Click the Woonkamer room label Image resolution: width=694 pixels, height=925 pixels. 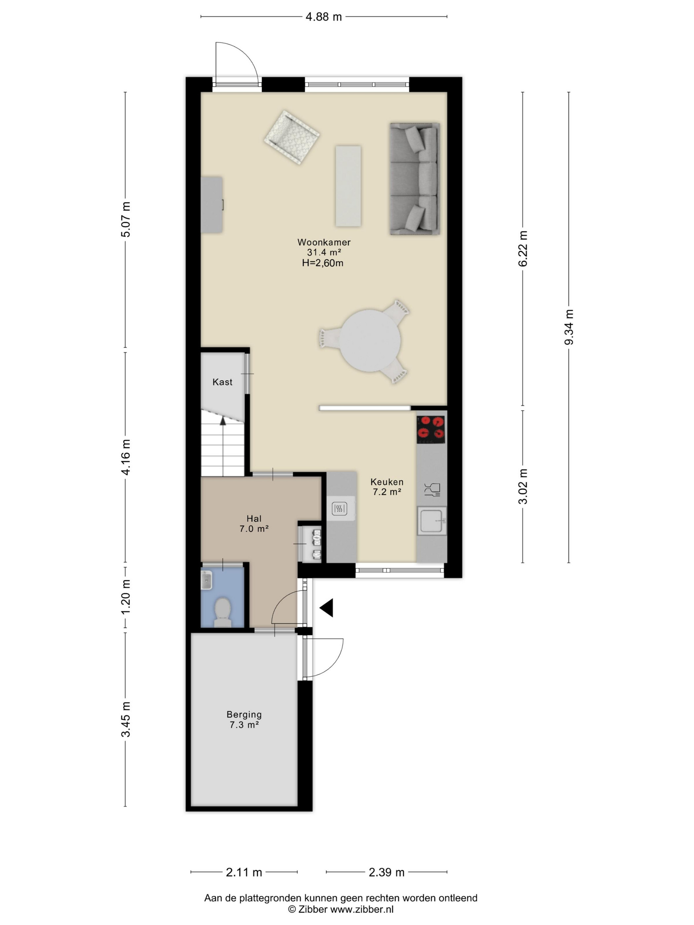[324, 242]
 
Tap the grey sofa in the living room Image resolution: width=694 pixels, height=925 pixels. [414, 179]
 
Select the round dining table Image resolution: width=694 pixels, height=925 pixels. [370, 340]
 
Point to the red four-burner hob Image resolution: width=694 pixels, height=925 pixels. [431, 429]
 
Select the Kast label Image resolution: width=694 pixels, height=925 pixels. [222, 382]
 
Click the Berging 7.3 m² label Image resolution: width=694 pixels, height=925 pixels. [244, 719]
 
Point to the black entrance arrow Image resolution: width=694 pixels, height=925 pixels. [327, 608]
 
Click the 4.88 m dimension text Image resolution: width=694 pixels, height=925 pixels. [323, 17]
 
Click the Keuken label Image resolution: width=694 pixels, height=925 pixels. [387, 482]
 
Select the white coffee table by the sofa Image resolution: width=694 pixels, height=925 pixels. [348, 186]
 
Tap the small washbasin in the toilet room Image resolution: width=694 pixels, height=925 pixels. [207, 580]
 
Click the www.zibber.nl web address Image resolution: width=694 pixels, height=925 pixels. [362, 909]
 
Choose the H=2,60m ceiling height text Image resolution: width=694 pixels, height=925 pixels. [323, 263]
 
